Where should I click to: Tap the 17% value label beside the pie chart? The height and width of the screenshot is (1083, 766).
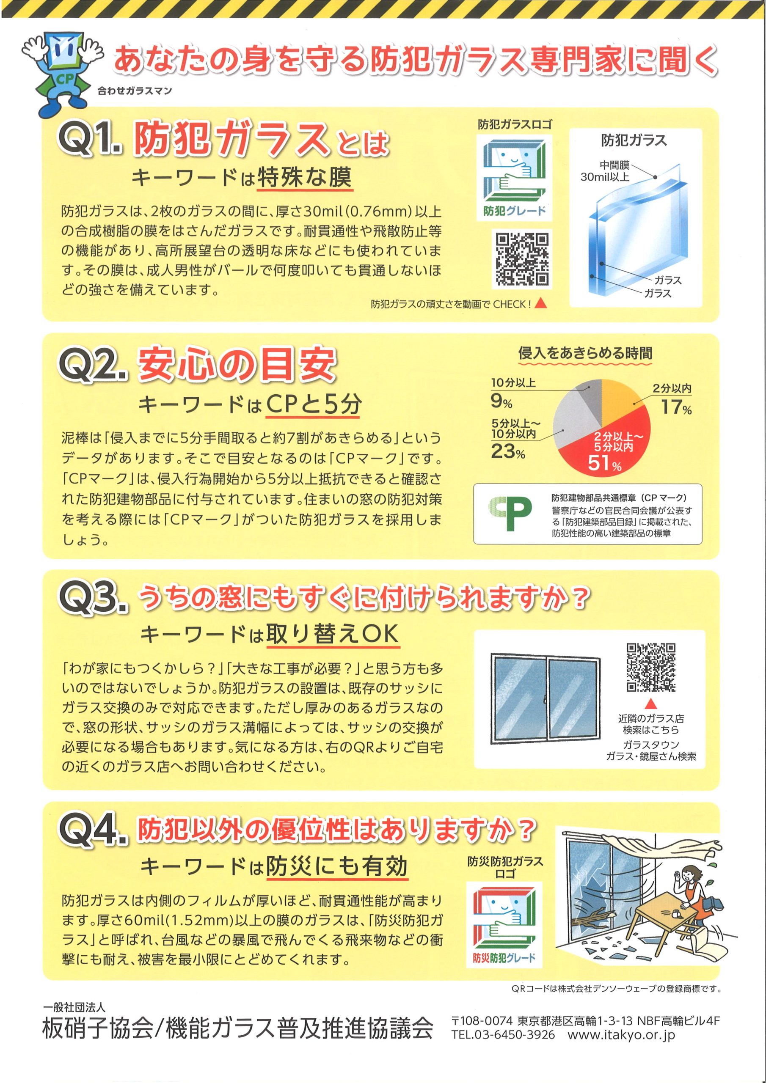(676, 407)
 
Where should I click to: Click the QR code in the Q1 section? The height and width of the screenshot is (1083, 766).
(521, 259)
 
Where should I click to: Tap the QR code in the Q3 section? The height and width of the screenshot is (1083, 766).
(651, 668)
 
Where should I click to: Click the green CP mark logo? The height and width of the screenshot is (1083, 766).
(510, 514)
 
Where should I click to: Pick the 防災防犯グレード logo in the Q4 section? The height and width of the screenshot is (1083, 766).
(504, 925)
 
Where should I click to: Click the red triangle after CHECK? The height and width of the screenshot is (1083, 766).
(541, 303)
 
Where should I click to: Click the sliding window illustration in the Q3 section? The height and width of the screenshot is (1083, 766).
(545, 696)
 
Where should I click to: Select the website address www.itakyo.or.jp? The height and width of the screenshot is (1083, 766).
(621, 1035)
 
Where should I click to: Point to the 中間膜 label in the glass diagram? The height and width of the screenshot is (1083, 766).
(614, 165)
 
